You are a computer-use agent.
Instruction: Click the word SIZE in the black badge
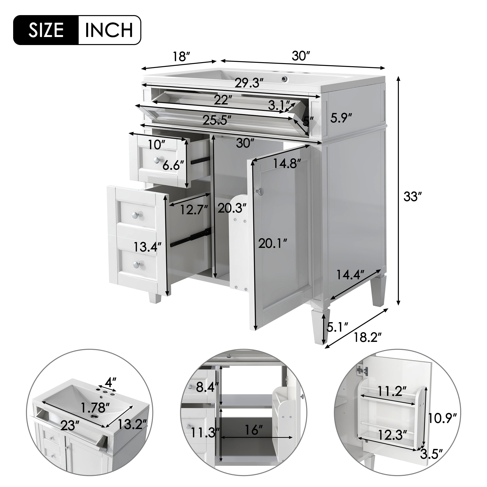46,30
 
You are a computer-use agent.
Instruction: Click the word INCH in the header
109,30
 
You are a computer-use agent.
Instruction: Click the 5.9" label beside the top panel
341,118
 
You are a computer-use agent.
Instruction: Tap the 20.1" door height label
273,244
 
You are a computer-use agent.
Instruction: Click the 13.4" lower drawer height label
148,247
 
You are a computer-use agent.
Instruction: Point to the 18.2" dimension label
367,337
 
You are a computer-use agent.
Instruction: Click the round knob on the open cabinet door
261,192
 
